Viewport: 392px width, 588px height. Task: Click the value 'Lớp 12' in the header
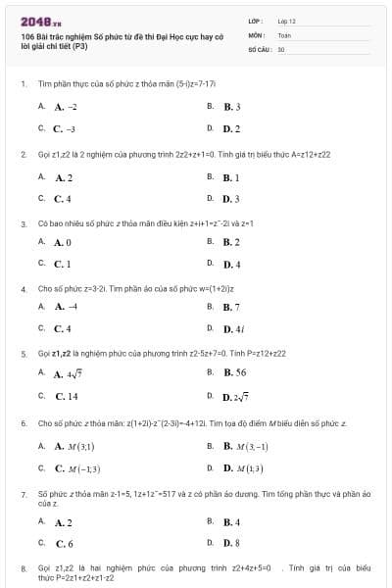pos(286,21)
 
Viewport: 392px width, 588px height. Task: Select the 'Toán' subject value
pos(284,34)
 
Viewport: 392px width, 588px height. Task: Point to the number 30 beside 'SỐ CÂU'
pos(281,48)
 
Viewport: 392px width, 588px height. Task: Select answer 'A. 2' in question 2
pos(64,177)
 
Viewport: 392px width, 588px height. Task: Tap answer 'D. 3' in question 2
pos(231,200)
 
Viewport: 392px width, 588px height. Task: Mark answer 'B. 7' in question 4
pos(231,307)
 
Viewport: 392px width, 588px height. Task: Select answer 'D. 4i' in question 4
pos(233,329)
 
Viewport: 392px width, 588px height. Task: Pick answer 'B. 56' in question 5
pos(234,372)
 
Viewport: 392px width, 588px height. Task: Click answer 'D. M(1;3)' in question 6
pos(243,468)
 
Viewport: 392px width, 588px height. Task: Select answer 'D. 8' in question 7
pos(231,543)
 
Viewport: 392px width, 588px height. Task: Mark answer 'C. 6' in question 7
pos(64,543)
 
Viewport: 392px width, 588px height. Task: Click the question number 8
pos(23,567)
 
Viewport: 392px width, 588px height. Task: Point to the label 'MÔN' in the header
pos(255,34)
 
